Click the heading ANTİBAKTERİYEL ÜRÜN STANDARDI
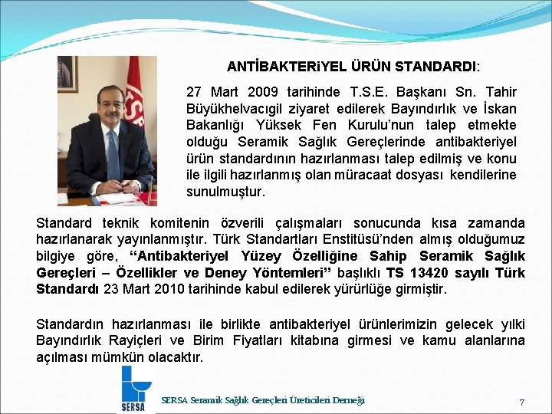352,67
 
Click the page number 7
521,402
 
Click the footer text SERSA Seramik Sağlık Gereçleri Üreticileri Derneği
263,400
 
